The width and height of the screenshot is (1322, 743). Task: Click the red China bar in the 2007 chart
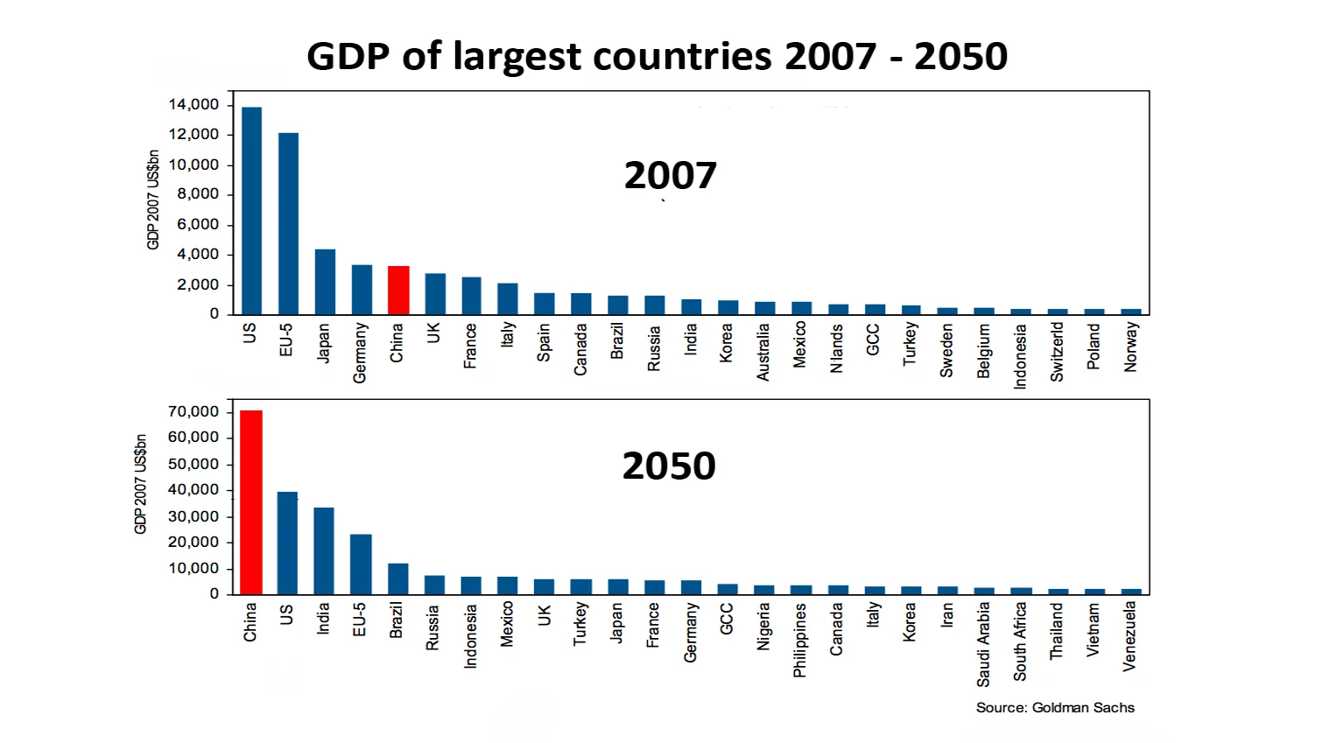(398, 291)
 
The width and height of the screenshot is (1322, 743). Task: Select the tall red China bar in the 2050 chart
(251, 502)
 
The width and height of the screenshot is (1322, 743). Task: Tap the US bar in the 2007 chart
(252, 211)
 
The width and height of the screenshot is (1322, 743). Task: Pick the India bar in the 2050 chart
(324, 550)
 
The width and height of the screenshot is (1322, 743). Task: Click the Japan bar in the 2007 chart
(325, 282)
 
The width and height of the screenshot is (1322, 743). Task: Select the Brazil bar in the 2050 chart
(397, 578)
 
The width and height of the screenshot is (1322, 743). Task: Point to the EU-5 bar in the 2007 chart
(288, 224)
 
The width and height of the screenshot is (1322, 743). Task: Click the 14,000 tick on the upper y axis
(193, 105)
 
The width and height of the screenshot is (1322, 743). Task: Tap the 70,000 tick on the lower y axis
(193, 411)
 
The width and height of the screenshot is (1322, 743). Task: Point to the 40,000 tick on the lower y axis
(193, 490)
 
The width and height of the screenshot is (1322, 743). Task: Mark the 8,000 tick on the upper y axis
(198, 194)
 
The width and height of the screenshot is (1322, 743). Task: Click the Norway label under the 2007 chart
(1130, 347)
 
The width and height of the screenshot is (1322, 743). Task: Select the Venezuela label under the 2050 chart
(1129, 636)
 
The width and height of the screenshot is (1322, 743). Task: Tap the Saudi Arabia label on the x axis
(983, 643)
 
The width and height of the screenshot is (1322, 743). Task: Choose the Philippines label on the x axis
(799, 640)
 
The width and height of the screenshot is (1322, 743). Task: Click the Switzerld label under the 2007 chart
(1057, 351)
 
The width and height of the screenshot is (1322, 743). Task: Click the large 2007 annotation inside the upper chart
(670, 176)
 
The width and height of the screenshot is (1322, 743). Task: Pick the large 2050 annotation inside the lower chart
(669, 466)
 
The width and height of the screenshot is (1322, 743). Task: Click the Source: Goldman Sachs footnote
(1055, 707)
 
